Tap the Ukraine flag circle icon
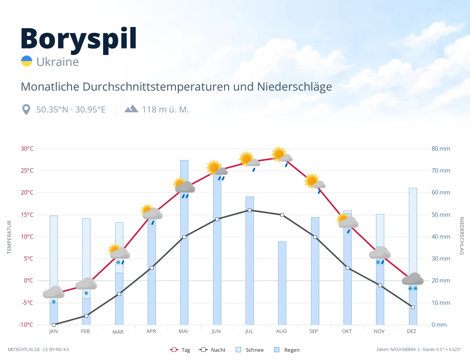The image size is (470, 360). tap(27, 61)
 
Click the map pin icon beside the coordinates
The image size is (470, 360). tap(26, 110)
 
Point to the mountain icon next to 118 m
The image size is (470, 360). tap(131, 109)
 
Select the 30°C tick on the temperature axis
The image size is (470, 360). tap(27, 149)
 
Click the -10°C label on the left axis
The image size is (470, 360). tap(26, 324)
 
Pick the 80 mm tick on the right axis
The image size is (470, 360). tap(441, 149)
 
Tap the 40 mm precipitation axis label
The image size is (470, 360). tap(441, 237)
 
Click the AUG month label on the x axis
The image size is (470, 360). tap(281, 331)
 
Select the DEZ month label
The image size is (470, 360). tap(411, 331)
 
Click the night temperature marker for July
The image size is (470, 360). tap(249, 210)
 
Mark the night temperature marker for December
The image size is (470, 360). tap(413, 307)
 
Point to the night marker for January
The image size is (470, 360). tap(54, 325)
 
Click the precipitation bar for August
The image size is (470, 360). tap(282, 283)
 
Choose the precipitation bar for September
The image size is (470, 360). tap(315, 271)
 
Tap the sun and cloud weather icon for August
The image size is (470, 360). tap(282, 154)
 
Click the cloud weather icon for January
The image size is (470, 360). tap(54, 292)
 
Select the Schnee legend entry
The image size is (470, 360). tap(249, 350)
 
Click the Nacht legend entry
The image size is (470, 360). tap(212, 350)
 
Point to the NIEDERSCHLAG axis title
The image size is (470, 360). tap(461, 236)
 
